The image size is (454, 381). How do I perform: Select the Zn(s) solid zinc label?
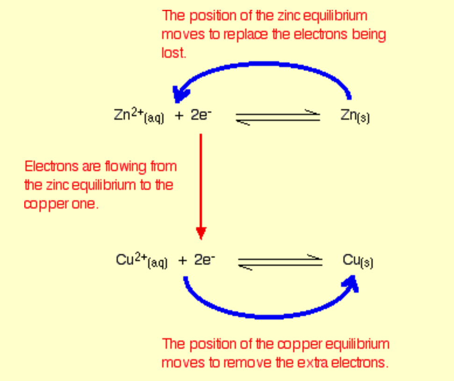click(x=355, y=116)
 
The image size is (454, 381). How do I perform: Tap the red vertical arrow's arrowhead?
click(x=201, y=233)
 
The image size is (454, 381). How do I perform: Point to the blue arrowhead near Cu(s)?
click(x=352, y=282)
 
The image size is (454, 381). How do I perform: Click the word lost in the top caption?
click(x=174, y=53)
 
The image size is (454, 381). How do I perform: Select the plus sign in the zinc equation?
click(x=179, y=116)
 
